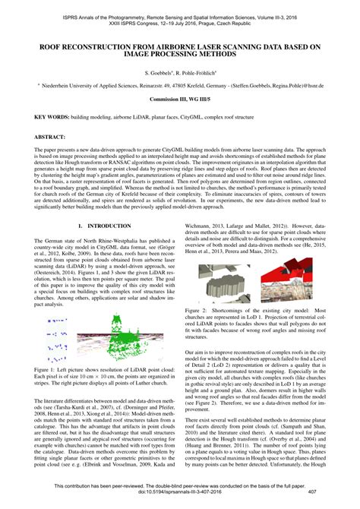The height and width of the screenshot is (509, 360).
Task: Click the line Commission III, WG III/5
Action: pyautogui.click(x=180, y=100)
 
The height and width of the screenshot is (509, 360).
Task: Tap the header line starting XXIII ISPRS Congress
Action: pyautogui.click(x=180, y=21)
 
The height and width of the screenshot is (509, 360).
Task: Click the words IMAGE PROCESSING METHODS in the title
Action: pyautogui.click(x=180, y=55)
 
